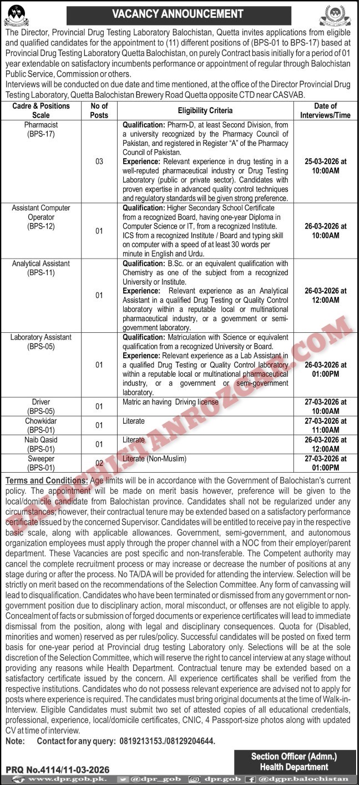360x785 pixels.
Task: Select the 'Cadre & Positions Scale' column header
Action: [41, 110]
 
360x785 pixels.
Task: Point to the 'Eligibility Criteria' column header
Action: [205, 111]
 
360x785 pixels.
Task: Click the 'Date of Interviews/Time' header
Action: [326, 110]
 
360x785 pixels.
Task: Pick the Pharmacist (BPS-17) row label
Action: [41, 130]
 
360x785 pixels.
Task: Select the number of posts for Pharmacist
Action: [99, 161]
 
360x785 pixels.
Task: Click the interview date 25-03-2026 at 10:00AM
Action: [326, 165]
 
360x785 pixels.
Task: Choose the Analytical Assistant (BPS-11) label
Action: [41, 268]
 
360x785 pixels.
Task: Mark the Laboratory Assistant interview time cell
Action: [326, 369]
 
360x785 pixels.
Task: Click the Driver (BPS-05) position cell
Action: [41, 406]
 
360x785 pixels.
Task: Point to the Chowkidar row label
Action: [41, 426]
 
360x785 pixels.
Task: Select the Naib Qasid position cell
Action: [41, 444]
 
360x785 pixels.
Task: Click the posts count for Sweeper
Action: [99, 463]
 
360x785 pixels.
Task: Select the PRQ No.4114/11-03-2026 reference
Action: [58, 769]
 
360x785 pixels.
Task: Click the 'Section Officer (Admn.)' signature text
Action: [294, 756]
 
